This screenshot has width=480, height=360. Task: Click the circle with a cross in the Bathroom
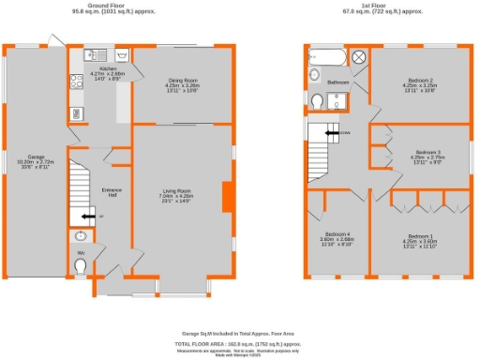358,57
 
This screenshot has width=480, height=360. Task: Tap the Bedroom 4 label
337,235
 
